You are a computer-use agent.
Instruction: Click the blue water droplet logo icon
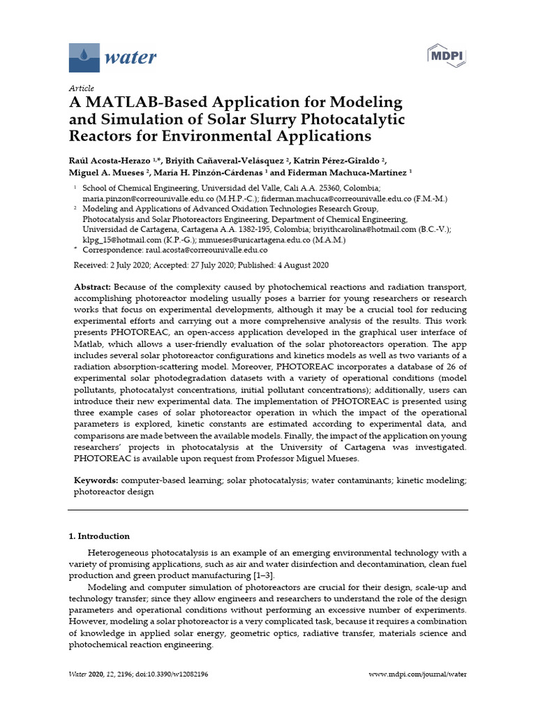[84, 57]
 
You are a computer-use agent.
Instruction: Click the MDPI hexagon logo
[446, 55]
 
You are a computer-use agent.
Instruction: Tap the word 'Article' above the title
[81, 88]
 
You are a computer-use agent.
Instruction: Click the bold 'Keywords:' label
[97, 481]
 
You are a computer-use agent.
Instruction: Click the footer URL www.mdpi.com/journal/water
[417, 675]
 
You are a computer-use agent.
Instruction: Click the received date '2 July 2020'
[133, 265]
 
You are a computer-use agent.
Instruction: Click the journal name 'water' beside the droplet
[130, 57]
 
